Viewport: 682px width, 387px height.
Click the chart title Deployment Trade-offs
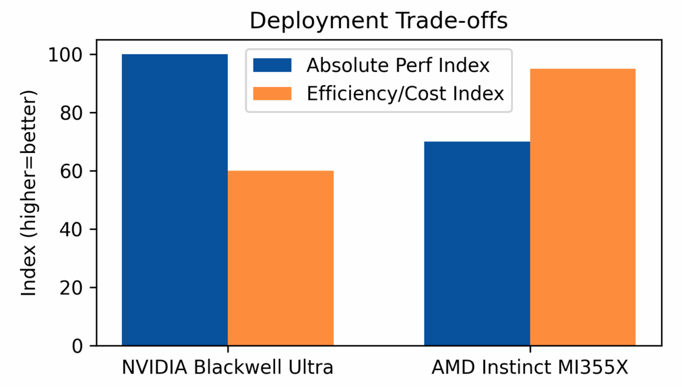[378, 21]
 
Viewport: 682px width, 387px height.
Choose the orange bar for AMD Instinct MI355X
[582, 207]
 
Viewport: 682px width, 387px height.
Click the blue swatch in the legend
[272, 65]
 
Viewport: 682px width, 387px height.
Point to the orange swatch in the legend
[272, 93]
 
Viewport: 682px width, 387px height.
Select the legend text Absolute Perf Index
[398, 65]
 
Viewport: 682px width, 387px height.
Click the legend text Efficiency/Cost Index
[405, 93]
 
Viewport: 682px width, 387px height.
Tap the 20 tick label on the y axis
[71, 288]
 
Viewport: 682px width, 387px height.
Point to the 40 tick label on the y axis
[71, 229]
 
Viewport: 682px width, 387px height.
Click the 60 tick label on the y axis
[71, 171]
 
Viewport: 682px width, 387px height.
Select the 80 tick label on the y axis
[71, 113]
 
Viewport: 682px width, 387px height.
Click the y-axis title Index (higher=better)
[29, 193]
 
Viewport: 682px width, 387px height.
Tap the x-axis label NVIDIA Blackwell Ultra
[227, 368]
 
